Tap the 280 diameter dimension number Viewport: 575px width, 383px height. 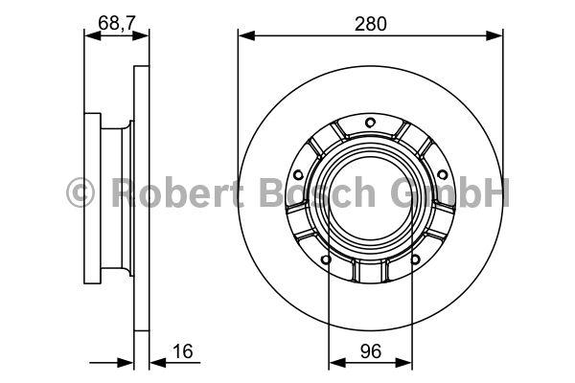[370, 24]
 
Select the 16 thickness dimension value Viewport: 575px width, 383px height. [183, 351]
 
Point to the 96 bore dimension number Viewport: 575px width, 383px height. [371, 351]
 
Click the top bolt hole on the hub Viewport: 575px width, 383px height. [370, 123]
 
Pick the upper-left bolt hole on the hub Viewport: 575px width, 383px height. [299, 175]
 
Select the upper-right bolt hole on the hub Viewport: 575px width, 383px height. [443, 175]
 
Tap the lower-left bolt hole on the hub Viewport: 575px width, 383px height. [326, 259]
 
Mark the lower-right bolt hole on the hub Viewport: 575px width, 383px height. [415, 259]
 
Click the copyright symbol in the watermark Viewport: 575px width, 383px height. [80, 192]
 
